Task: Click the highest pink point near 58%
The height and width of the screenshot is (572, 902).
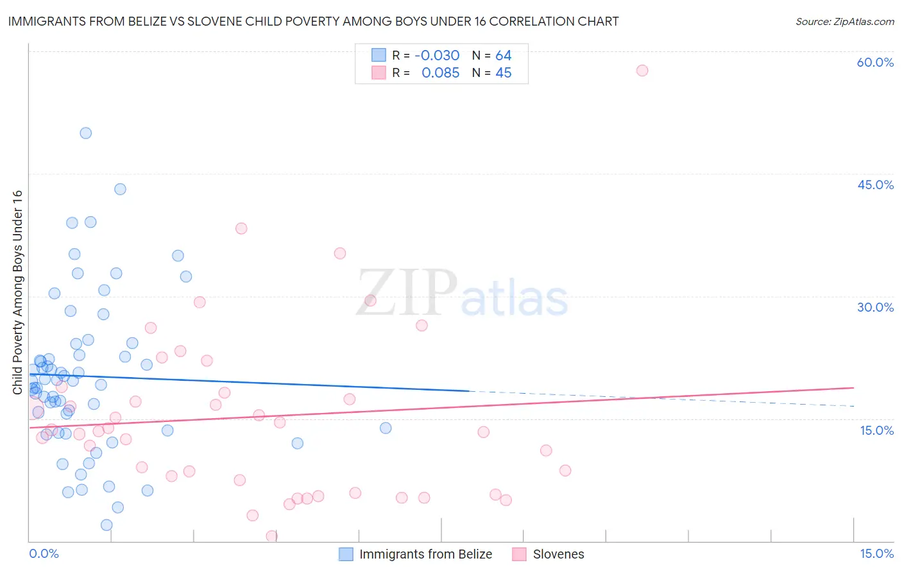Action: [x=642, y=71]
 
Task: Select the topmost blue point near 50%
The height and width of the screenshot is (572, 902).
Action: [x=86, y=133]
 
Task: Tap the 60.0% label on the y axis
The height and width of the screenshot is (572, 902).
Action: [x=875, y=62]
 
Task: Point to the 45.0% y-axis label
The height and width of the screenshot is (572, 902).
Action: [x=875, y=185]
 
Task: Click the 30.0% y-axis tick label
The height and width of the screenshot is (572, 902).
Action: [x=875, y=307]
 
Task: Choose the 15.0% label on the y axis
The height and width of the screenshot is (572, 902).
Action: [x=876, y=430]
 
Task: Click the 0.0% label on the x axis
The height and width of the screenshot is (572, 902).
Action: [x=44, y=553]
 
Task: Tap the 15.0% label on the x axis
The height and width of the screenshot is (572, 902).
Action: [x=876, y=553]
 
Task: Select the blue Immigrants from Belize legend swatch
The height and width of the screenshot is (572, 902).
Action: [x=346, y=554]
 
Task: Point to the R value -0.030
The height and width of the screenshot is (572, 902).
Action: [x=437, y=56]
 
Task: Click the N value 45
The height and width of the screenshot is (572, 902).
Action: [x=504, y=73]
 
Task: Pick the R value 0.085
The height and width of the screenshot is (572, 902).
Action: [x=440, y=73]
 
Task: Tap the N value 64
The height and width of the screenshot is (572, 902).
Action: [x=504, y=56]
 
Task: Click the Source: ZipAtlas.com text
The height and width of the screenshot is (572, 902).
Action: [x=844, y=22]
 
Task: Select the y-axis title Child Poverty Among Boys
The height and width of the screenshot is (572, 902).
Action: [x=17, y=292]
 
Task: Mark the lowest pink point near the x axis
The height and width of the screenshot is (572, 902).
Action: [x=272, y=536]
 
